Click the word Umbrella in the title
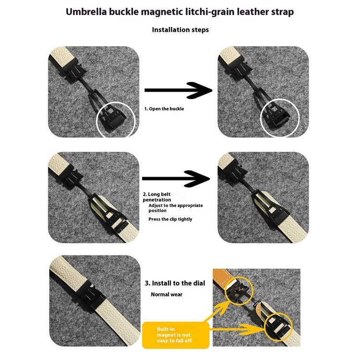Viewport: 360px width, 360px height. click(x=86, y=12)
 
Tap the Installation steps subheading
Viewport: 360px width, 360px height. click(x=180, y=30)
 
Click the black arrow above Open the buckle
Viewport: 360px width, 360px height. click(x=179, y=90)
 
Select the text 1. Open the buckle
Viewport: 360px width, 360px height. click(x=164, y=108)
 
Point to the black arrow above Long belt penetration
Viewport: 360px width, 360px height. click(x=176, y=179)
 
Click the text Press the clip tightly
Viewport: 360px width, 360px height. click(x=170, y=219)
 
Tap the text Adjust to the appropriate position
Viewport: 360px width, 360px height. click(x=176, y=208)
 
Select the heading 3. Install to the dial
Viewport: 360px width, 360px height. click(x=175, y=283)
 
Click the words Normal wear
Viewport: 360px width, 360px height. click(x=167, y=294)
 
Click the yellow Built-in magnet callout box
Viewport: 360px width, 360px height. click(x=176, y=335)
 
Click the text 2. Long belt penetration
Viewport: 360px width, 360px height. click(x=157, y=197)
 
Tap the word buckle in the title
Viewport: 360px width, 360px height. click(x=124, y=12)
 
